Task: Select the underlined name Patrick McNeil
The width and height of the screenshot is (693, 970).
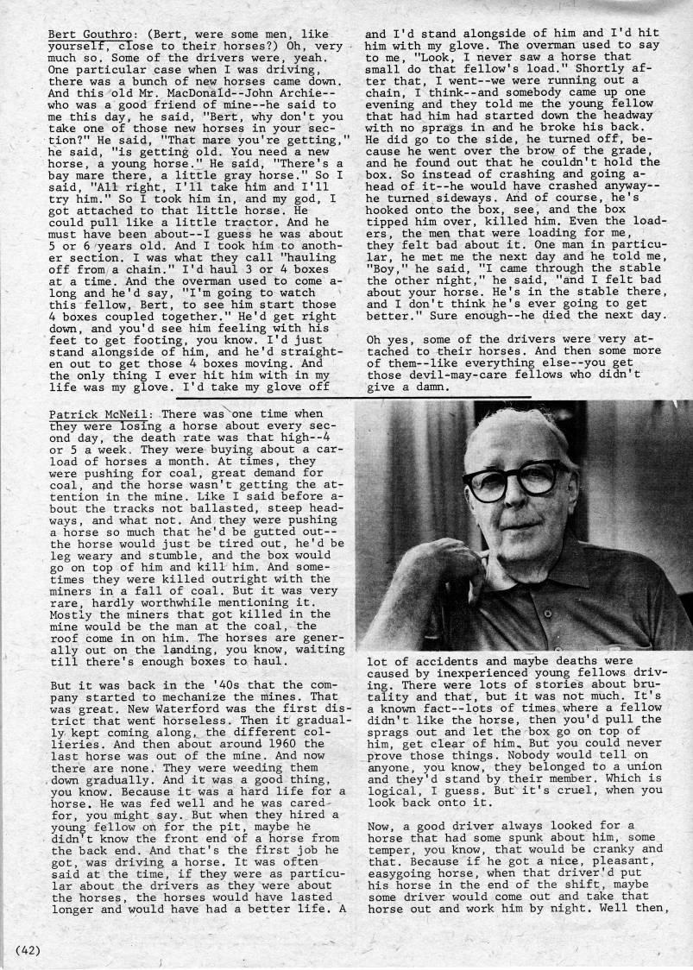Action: tap(98, 414)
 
